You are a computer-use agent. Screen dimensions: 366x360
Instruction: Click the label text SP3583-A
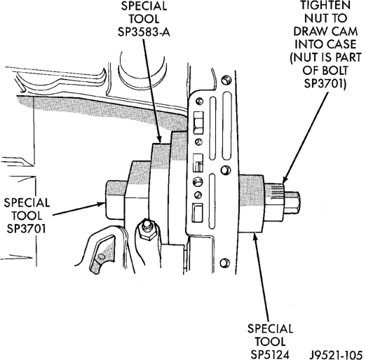144,32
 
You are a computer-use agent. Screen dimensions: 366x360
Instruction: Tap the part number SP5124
270,354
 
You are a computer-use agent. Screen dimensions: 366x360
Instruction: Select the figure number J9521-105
336,354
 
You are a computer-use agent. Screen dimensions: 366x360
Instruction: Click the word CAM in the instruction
344,32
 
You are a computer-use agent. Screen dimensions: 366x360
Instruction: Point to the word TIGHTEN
325,6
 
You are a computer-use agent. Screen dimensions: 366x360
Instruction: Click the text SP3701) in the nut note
325,83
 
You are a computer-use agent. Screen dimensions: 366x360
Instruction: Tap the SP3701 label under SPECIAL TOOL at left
26,229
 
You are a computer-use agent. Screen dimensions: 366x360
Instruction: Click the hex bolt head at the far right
292,203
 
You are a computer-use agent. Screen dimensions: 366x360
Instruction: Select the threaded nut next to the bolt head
275,202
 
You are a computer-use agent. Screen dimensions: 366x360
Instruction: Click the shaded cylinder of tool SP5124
251,204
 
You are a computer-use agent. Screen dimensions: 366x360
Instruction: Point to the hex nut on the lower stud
146,230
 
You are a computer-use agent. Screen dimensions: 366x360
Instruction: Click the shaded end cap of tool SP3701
115,200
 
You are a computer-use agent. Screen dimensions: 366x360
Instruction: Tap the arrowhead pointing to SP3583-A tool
160,139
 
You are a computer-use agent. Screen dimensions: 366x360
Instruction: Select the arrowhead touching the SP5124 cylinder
255,236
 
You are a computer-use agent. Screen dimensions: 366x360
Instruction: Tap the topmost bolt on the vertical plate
226,80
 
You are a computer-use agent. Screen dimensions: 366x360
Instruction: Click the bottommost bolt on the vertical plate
224,263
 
